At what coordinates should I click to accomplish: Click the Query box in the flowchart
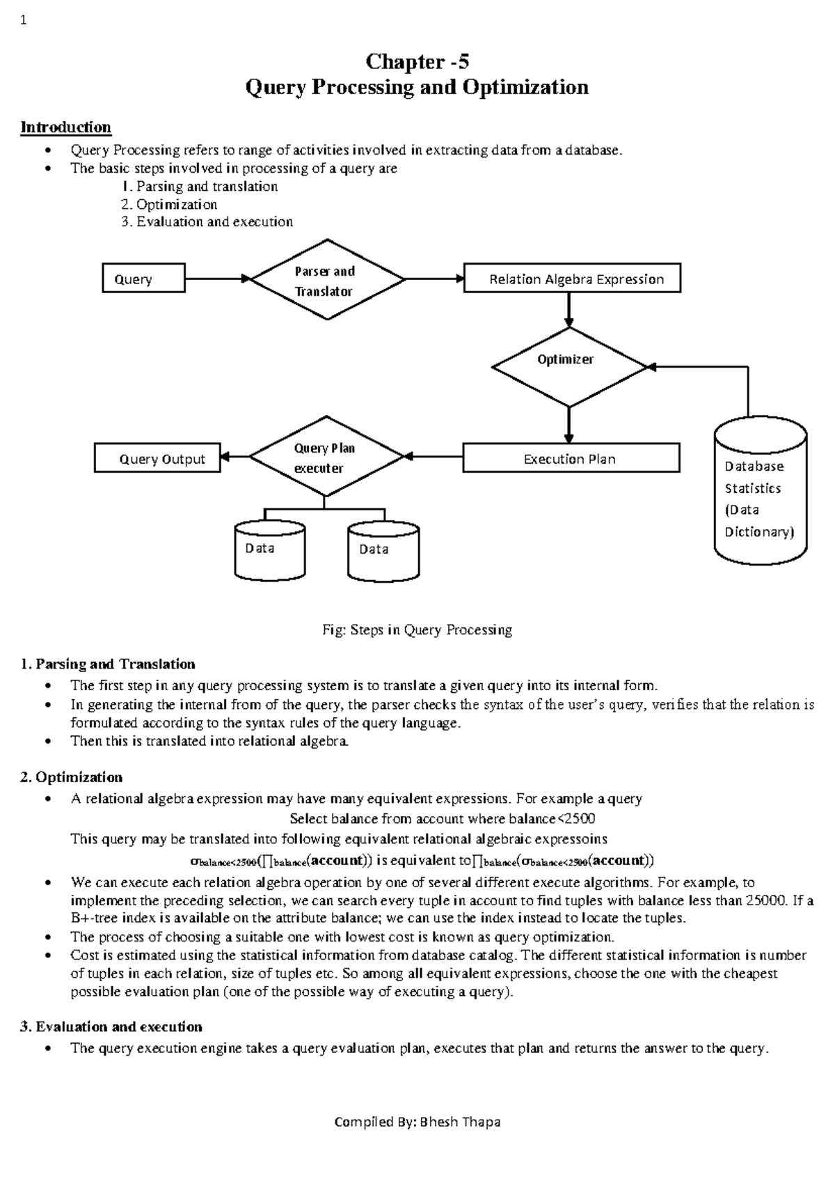tap(143, 279)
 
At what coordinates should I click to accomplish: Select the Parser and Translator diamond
tap(326, 280)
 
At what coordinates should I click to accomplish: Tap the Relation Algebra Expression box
tap(572, 279)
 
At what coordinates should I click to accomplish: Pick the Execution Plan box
tap(571, 459)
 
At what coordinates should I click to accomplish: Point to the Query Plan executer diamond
tap(325, 457)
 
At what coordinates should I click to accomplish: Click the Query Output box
tap(158, 459)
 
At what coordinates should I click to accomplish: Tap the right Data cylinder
tap(383, 552)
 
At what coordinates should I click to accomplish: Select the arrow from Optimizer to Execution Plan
tap(569, 424)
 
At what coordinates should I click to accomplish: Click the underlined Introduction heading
tap(65, 127)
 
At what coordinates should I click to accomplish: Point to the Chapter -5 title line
tap(417, 62)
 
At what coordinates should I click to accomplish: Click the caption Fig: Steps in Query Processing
tap(417, 630)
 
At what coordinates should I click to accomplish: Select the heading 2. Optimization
tap(72, 777)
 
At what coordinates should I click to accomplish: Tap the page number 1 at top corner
tap(24, 20)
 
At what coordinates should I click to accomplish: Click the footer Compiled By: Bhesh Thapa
tap(417, 1123)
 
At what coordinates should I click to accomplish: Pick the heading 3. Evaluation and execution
tap(111, 1026)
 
